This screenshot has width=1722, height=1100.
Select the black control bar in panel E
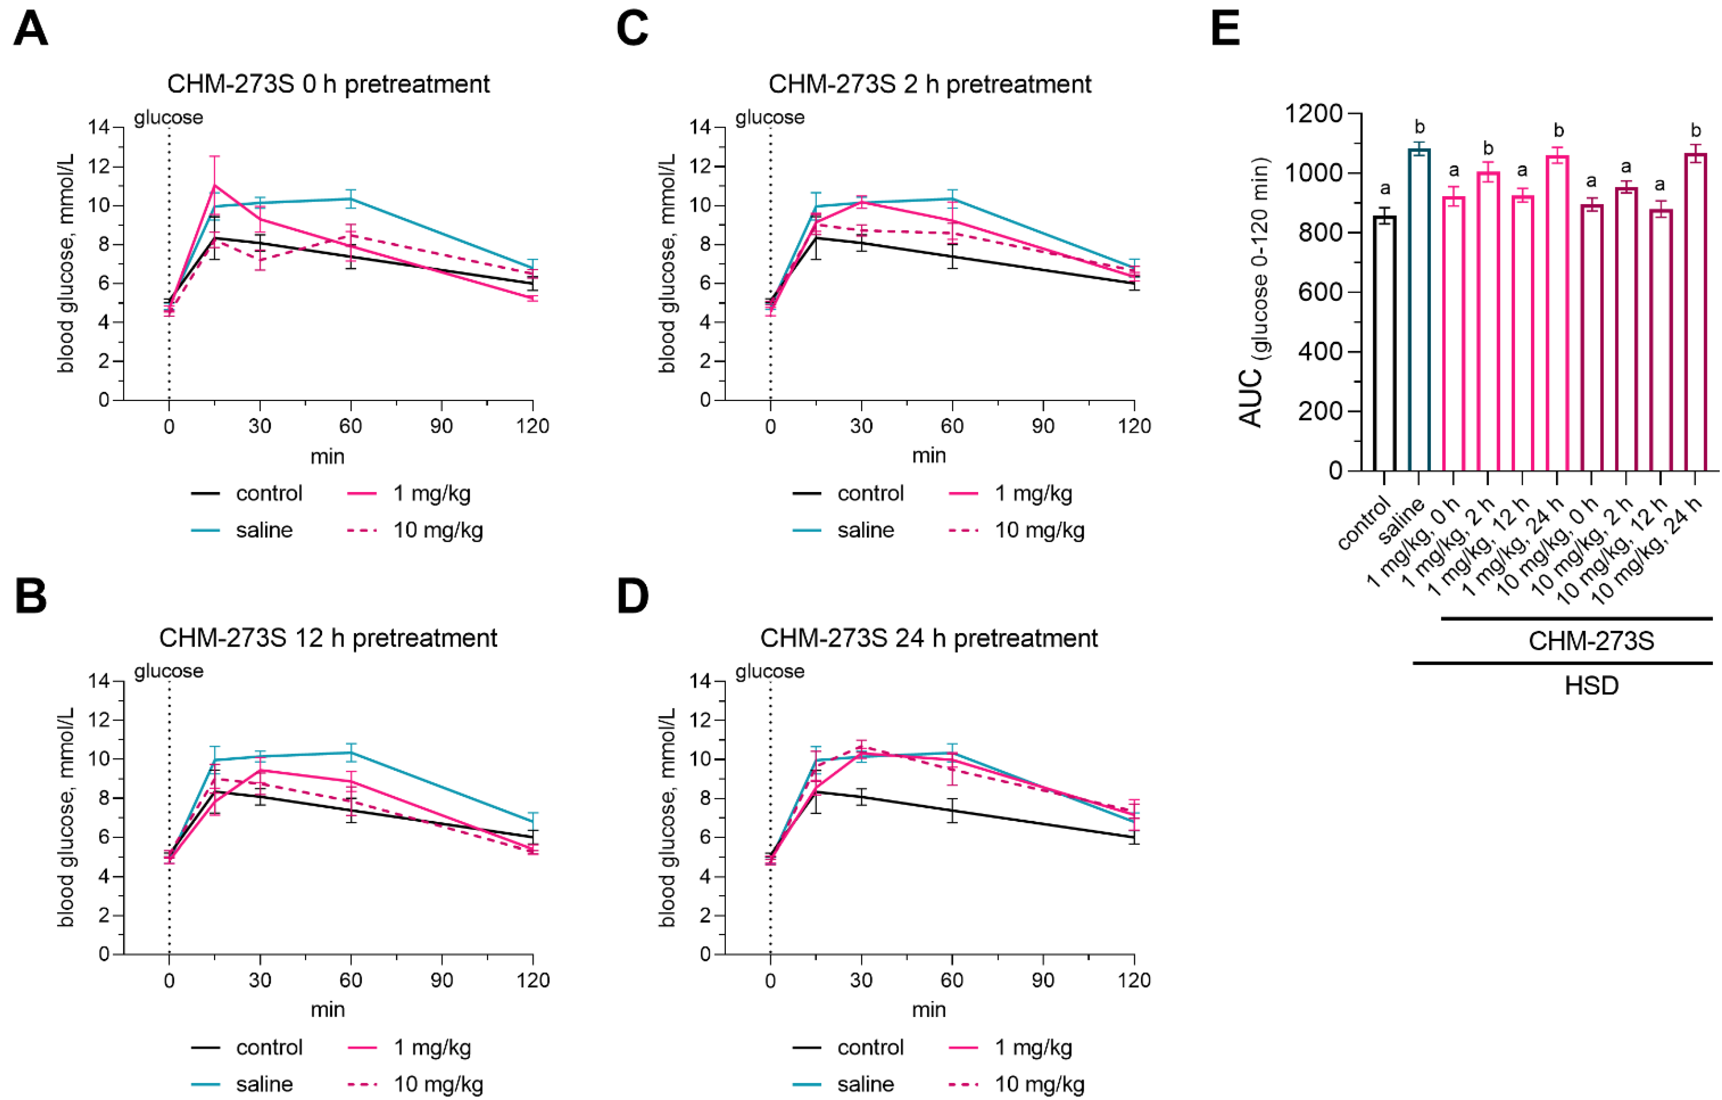click(x=1385, y=343)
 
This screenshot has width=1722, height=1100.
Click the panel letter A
click(x=31, y=29)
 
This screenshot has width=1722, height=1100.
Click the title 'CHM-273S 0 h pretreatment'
click(x=328, y=84)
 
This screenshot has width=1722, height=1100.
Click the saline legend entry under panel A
click(x=264, y=530)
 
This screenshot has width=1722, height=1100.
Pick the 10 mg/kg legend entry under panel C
click(x=1039, y=530)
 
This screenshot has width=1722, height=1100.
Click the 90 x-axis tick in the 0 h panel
click(x=441, y=426)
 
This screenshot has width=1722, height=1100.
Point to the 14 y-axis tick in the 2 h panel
click(x=700, y=127)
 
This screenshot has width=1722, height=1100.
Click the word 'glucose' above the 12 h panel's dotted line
click(x=169, y=671)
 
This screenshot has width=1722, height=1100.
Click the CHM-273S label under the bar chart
click(x=1591, y=641)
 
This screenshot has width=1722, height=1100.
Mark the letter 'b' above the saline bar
click(x=1420, y=127)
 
